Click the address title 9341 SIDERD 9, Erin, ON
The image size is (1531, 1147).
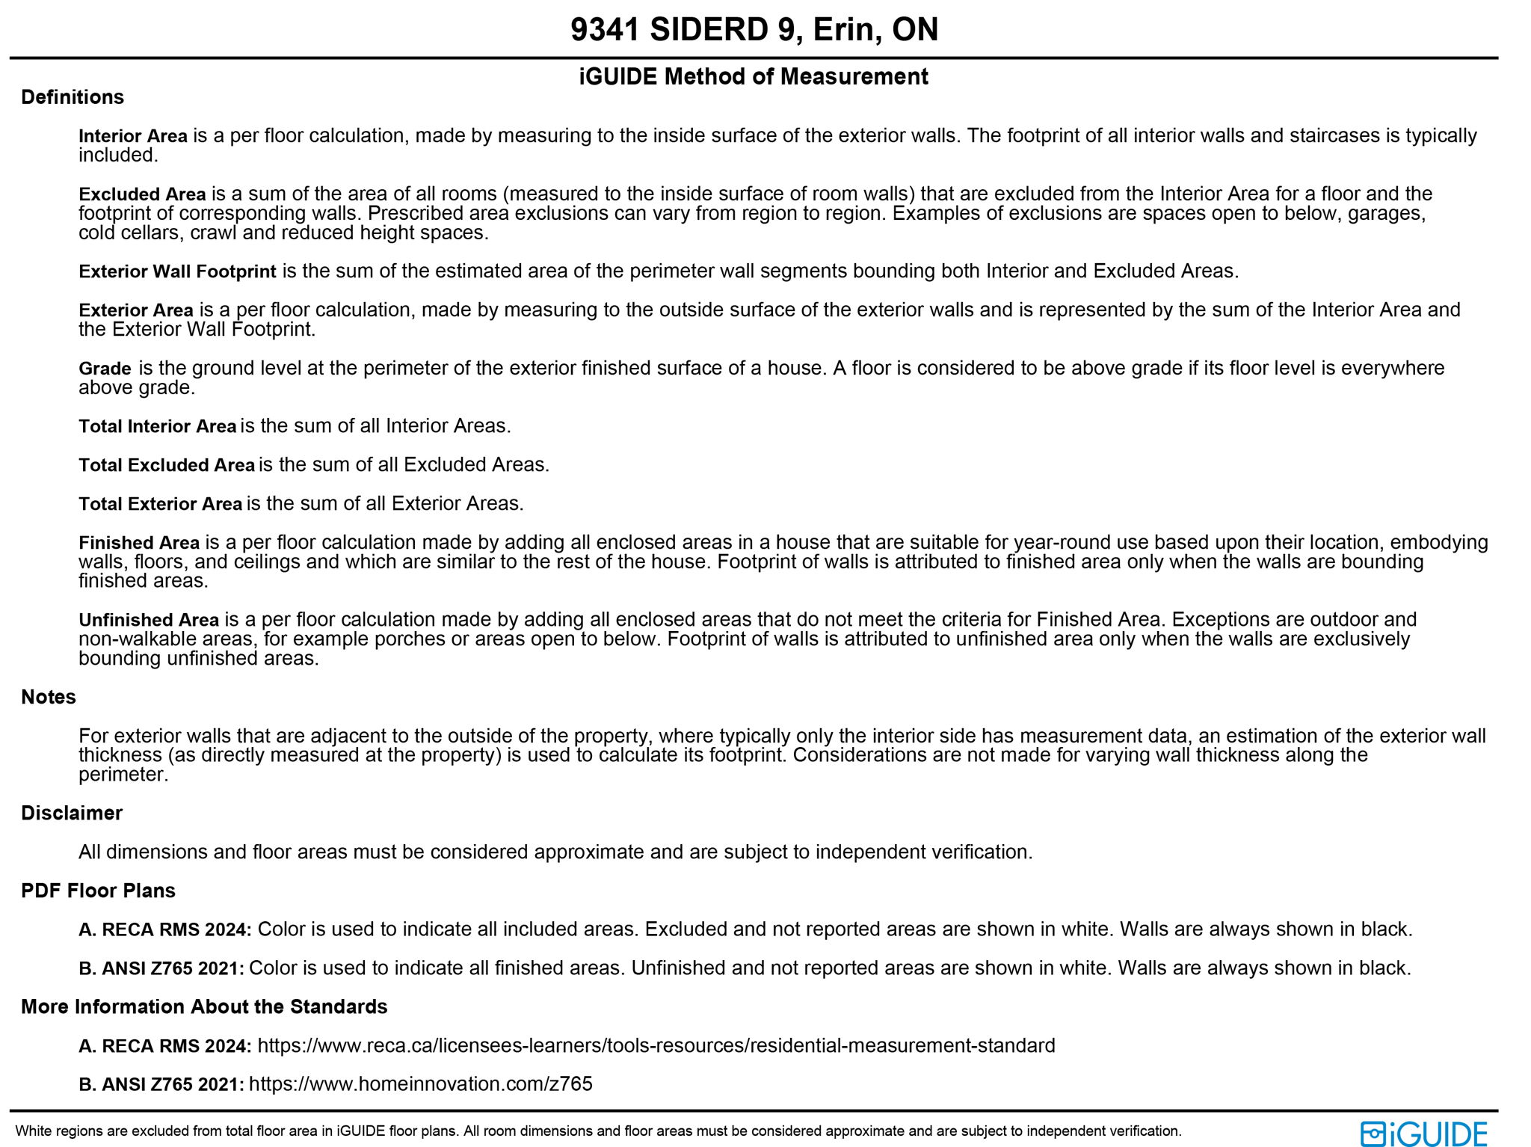click(x=754, y=30)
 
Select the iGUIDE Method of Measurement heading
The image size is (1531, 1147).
click(x=754, y=76)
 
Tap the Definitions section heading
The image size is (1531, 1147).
click(x=73, y=97)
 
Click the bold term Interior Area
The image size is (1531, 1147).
click(x=132, y=136)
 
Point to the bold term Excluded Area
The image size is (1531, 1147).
click(x=142, y=194)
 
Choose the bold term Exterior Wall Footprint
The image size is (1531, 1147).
click(x=177, y=271)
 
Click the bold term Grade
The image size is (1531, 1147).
click(x=105, y=369)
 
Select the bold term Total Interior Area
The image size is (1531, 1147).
click(x=157, y=426)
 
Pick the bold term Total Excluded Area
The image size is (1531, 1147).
click(x=167, y=465)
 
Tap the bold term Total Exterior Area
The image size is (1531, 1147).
click(x=160, y=504)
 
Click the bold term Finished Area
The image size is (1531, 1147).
click(x=139, y=543)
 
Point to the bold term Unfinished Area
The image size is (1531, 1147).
click(x=149, y=620)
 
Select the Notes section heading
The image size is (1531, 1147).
click(x=49, y=697)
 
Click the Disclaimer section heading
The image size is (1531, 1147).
click(x=72, y=813)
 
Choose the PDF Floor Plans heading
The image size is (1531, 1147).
click(x=98, y=891)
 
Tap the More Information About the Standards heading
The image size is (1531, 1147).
click(x=204, y=1006)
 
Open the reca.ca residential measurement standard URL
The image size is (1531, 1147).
click(x=656, y=1045)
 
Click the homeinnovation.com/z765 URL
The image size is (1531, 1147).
click(x=420, y=1084)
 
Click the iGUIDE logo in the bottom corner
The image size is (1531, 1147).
click(x=1423, y=1134)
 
